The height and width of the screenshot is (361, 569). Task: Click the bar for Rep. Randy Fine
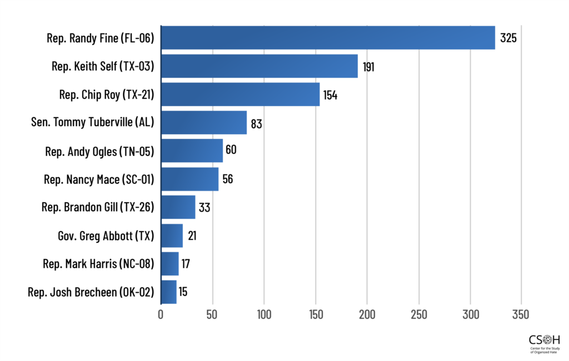point(328,38)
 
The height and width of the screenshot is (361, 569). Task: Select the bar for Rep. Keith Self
point(259,66)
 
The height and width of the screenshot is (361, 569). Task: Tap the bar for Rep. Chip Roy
point(240,94)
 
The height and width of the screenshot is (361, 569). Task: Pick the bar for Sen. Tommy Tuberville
point(203,123)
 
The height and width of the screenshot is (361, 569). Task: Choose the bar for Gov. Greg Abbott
point(172,235)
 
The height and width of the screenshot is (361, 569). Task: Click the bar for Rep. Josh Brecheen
point(168,292)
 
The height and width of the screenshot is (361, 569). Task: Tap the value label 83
point(256,123)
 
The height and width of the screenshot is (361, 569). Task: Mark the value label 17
point(186,264)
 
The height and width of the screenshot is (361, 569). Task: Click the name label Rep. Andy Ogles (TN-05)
point(99,151)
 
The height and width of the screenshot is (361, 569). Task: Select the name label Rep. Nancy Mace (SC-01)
point(98,179)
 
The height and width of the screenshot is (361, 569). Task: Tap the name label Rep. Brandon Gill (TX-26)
point(97,208)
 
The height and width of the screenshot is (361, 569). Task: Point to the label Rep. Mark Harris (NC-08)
point(98,264)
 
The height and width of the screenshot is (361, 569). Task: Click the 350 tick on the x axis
point(521,314)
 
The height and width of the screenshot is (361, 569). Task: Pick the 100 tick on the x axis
point(264,314)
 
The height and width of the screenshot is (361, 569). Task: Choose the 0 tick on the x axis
point(161,314)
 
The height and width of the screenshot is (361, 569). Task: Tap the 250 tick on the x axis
point(418,314)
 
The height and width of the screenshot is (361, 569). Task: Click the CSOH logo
point(545,343)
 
